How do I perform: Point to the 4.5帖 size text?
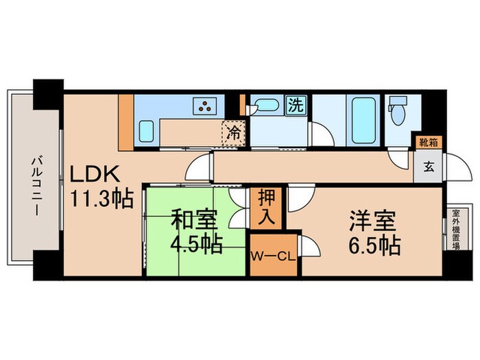pos(195,244)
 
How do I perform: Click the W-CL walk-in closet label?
pos(273,257)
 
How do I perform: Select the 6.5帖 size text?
pos(374,245)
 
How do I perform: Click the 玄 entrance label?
pos(428,166)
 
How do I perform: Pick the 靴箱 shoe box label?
pos(430,142)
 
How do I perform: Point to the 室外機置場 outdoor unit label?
pos(455,231)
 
